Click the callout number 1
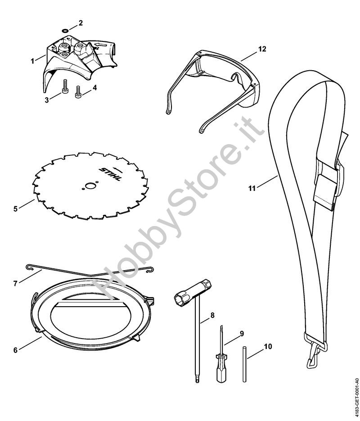tap(33, 60)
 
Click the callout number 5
tap(15, 208)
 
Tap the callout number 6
tap(15, 350)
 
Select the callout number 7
tap(15, 284)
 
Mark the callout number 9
tap(242, 333)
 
